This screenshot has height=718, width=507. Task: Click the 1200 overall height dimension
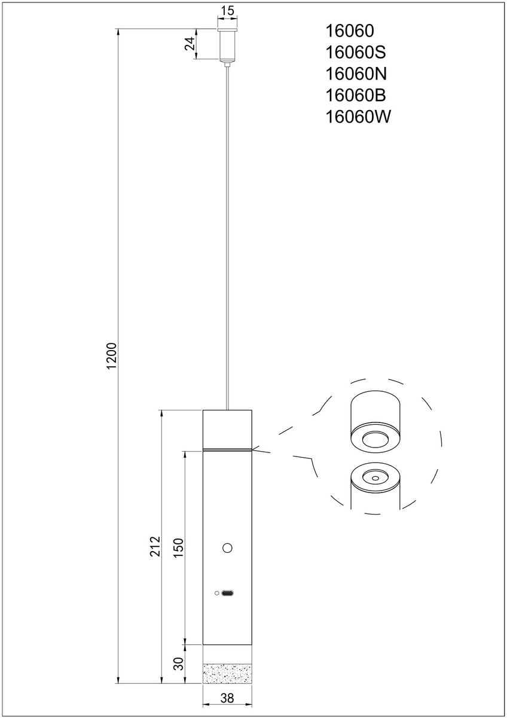tap(112, 356)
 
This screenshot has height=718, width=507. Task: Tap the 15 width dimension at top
tap(228, 11)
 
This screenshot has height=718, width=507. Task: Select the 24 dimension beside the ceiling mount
tap(190, 44)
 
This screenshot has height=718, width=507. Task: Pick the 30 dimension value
tap(179, 664)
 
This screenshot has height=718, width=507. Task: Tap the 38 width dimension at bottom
tap(227, 698)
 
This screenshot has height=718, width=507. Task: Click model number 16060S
tap(356, 52)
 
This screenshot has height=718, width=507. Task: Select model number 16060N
tap(356, 74)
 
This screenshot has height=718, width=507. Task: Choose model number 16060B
tap(356, 95)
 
